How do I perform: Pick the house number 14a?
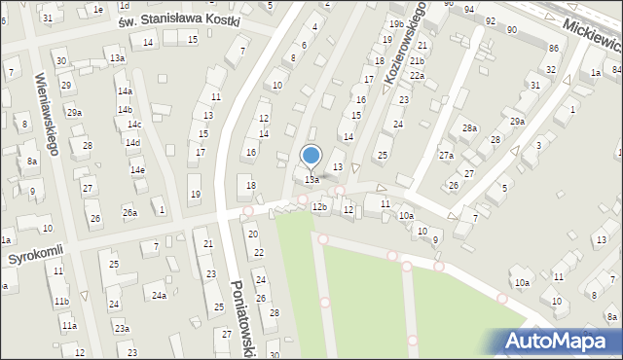point(125,91)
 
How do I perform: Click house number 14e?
point(138,170)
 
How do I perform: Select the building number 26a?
point(129,212)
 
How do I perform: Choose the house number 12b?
point(319,207)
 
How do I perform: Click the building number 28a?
point(470,128)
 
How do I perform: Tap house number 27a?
point(446,156)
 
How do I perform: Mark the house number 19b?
point(395,23)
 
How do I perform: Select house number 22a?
point(417,75)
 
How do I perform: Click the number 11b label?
point(61,302)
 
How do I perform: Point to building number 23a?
point(121,329)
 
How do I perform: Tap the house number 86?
point(553,48)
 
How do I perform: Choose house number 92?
point(490,20)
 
